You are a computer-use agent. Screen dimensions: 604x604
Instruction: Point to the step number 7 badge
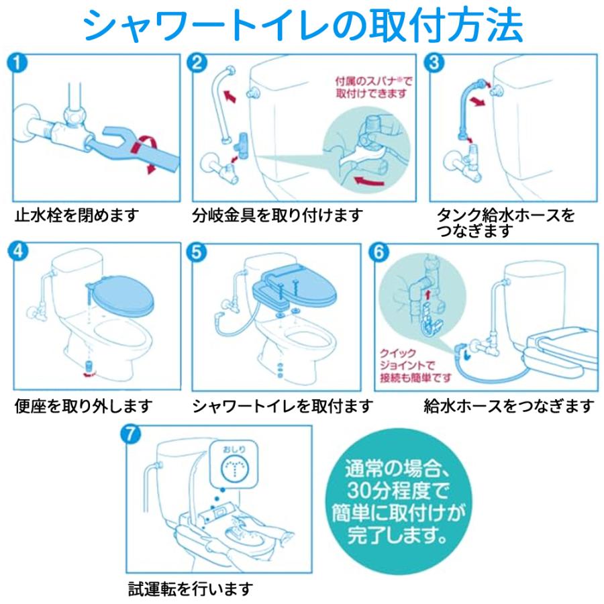click(x=132, y=434)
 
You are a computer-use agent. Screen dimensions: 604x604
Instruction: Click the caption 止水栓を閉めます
click(x=77, y=216)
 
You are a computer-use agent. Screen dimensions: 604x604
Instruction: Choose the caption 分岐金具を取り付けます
click(x=277, y=216)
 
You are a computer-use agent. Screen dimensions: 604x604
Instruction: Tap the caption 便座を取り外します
click(x=84, y=406)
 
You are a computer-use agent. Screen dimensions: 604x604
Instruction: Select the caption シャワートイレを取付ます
click(x=283, y=406)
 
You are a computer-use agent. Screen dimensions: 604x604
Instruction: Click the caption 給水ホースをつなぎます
click(x=509, y=406)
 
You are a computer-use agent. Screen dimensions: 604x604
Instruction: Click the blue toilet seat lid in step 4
click(x=123, y=295)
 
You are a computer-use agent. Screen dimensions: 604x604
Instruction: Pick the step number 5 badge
click(x=198, y=252)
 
